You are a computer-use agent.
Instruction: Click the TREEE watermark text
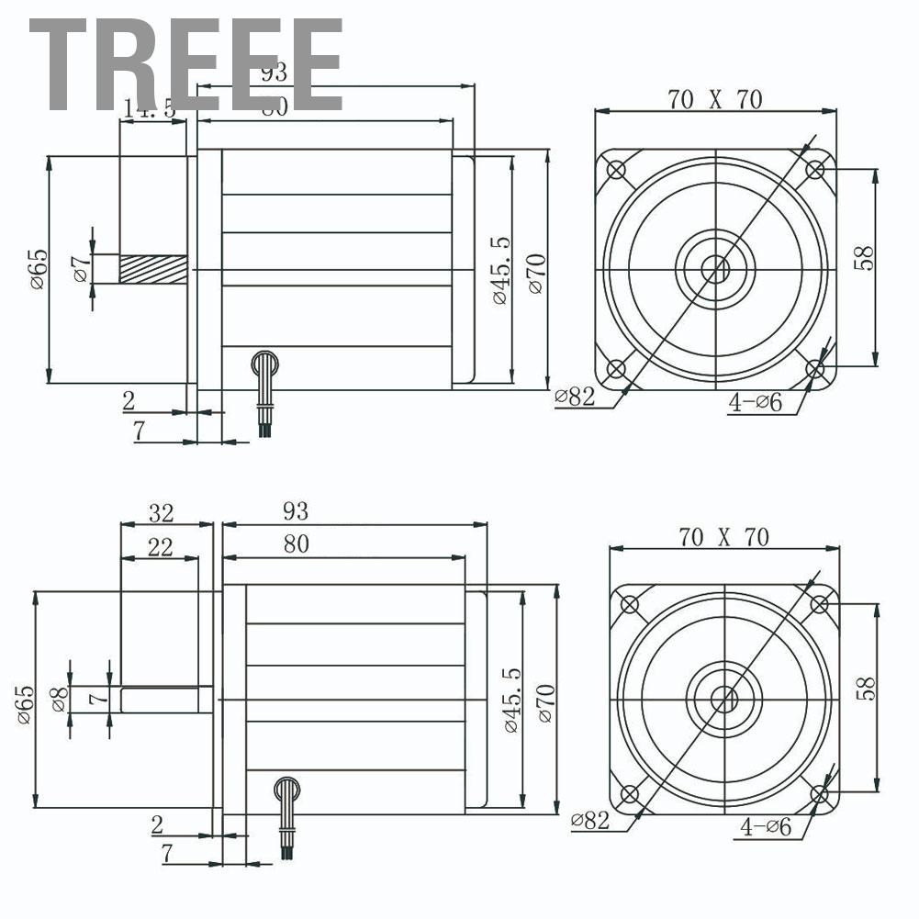[x=184, y=66]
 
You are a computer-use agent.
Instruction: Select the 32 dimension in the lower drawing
[x=161, y=512]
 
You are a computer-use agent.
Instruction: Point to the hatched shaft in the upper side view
[x=152, y=269]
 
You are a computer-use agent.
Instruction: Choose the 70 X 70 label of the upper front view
[x=715, y=99]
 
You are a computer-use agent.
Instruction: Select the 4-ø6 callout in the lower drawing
[x=767, y=826]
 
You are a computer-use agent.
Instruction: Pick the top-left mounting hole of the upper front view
[x=616, y=170]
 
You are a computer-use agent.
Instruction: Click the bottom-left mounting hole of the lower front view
[x=630, y=794]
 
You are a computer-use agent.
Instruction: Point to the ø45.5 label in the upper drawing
[x=499, y=270]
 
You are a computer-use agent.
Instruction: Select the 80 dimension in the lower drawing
[x=296, y=544]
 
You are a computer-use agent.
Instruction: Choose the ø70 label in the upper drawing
[x=537, y=271]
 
